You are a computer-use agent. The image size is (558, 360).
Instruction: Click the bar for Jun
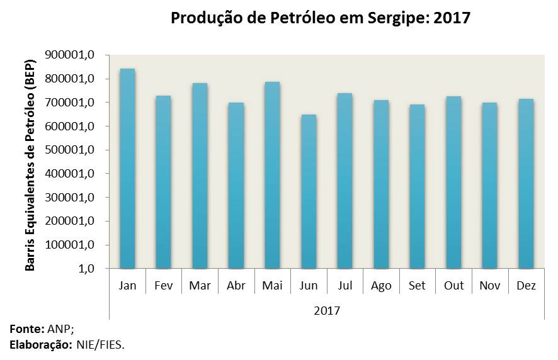(x=309, y=191)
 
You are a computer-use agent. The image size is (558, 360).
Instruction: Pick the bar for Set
(x=417, y=186)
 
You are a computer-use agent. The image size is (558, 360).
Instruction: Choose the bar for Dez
(x=525, y=184)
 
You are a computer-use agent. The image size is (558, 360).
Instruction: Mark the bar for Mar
(x=200, y=176)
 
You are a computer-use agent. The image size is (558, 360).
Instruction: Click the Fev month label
(x=164, y=286)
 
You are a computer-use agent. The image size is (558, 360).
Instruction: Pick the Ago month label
(x=381, y=286)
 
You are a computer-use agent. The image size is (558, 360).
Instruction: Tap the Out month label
(x=453, y=286)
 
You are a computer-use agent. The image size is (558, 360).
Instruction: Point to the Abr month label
(x=236, y=286)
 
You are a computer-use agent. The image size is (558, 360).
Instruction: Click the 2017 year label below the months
(x=326, y=310)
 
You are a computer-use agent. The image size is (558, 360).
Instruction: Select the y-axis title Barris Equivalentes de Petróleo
(x=30, y=162)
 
